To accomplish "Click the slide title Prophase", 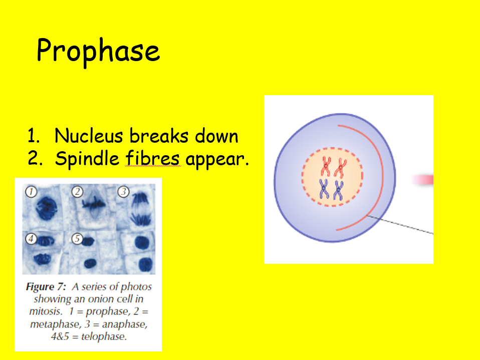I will (x=98, y=51).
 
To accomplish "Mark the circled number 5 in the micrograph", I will (x=77, y=239).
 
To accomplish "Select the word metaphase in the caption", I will (x=54, y=324).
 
